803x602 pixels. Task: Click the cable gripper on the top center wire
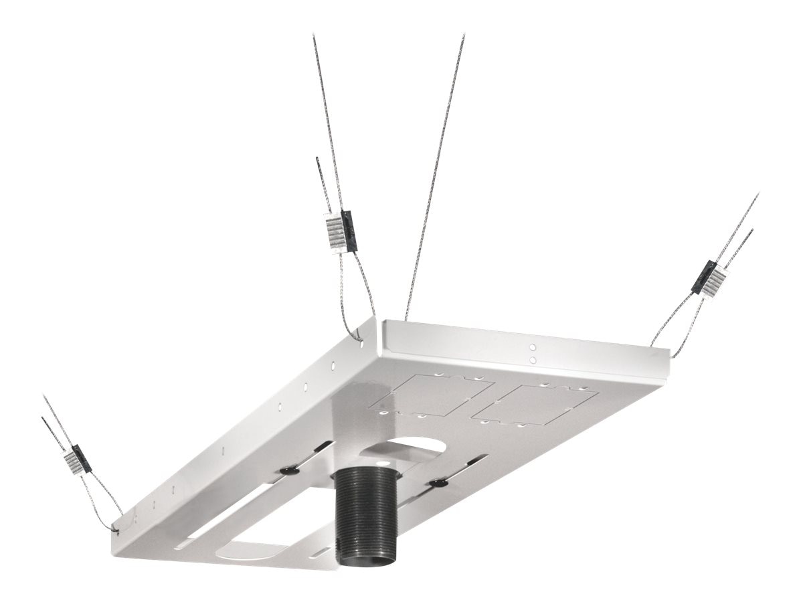[x=340, y=231]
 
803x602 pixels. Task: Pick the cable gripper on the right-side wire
[x=708, y=276]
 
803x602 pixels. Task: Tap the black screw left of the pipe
[x=289, y=470]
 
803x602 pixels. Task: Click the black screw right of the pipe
[x=438, y=482]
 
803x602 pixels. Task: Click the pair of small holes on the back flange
[x=533, y=353]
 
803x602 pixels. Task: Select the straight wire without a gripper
[x=435, y=174]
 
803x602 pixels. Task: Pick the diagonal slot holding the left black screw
[x=304, y=462]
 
